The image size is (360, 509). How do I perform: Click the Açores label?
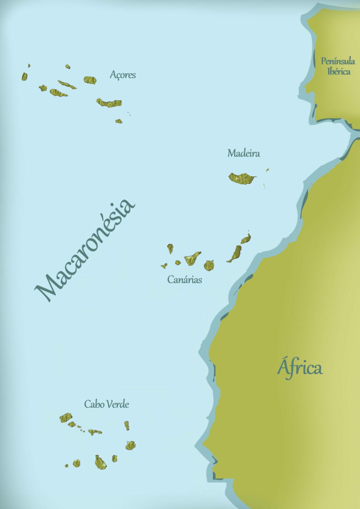point(123,75)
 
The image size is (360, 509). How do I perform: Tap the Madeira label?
point(243,153)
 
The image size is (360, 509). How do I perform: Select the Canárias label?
point(184,279)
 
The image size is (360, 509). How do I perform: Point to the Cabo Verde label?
point(106,404)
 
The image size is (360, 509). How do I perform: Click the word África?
point(300,368)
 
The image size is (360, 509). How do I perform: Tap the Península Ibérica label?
point(338,66)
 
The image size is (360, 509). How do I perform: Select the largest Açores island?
point(109,103)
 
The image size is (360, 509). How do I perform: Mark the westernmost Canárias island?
point(164,265)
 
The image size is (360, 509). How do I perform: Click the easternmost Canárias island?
point(246,239)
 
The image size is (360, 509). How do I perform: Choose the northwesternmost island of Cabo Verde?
point(66,418)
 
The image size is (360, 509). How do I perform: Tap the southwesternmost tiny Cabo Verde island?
point(67,466)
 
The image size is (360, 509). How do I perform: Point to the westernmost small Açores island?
point(25,77)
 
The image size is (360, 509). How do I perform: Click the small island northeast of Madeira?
point(267,170)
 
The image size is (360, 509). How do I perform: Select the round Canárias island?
point(209,265)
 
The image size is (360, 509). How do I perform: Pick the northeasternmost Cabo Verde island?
point(127,425)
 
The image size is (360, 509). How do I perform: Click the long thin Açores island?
point(67,85)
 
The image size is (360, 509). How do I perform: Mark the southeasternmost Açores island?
point(119,121)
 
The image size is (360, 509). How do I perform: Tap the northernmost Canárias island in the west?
point(170,248)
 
